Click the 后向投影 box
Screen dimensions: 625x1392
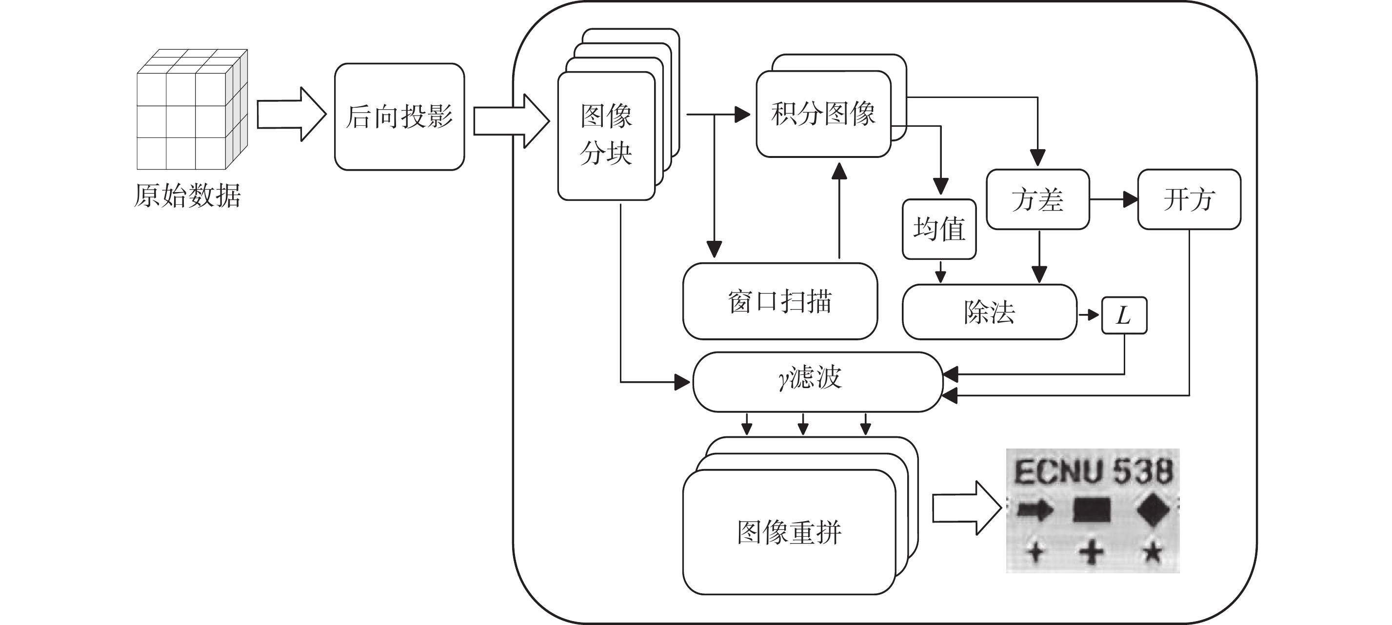point(399,117)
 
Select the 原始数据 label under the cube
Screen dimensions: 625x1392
point(187,195)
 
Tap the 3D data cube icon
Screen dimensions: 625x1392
point(191,110)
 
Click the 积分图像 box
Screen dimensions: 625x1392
point(823,114)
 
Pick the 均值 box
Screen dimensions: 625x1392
point(939,229)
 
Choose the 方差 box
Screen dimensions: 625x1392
point(1037,199)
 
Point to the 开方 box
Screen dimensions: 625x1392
point(1189,199)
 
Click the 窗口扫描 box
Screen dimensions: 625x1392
point(780,301)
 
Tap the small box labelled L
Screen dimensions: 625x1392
point(1124,315)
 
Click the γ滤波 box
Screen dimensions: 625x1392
point(817,381)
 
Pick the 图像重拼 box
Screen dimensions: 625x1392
point(789,532)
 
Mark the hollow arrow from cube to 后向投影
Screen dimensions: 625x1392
point(291,115)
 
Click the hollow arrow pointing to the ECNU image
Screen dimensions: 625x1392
point(966,508)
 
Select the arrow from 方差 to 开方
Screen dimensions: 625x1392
point(1114,199)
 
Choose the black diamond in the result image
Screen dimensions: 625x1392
point(1153,510)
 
